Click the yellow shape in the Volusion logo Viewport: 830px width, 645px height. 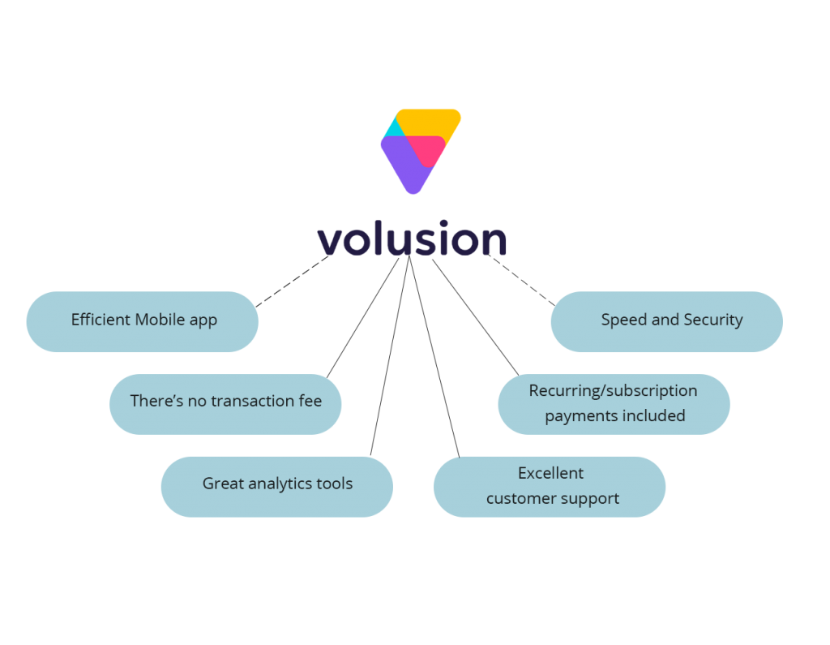tap(428, 122)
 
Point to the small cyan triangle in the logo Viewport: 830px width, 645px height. tap(394, 128)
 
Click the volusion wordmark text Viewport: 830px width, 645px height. tap(412, 239)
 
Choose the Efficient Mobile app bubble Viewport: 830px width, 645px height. tap(143, 321)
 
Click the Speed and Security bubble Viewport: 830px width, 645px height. tap(666, 321)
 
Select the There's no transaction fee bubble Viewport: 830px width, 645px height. tap(225, 404)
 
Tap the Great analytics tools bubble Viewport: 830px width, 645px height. tap(277, 487)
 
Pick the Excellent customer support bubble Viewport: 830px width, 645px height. tap(550, 487)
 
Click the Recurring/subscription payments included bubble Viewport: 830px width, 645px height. tap(614, 404)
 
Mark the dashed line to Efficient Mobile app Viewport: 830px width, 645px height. tap(292, 282)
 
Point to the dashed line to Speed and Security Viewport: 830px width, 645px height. tap(521, 281)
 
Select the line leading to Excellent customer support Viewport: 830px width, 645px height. tap(434, 357)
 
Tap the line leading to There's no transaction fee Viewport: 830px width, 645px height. tap(362, 318)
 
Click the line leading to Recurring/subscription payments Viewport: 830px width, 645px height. tap(475, 317)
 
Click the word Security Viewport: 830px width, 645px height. tap(713, 320)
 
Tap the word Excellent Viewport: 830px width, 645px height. tap(550, 473)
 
